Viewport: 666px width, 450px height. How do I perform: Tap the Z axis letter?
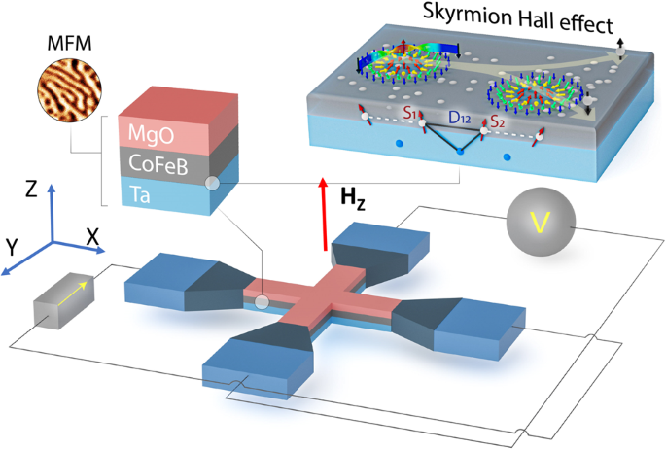32,188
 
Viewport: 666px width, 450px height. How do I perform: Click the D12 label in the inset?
461,118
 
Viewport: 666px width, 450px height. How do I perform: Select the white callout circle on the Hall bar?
261,302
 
